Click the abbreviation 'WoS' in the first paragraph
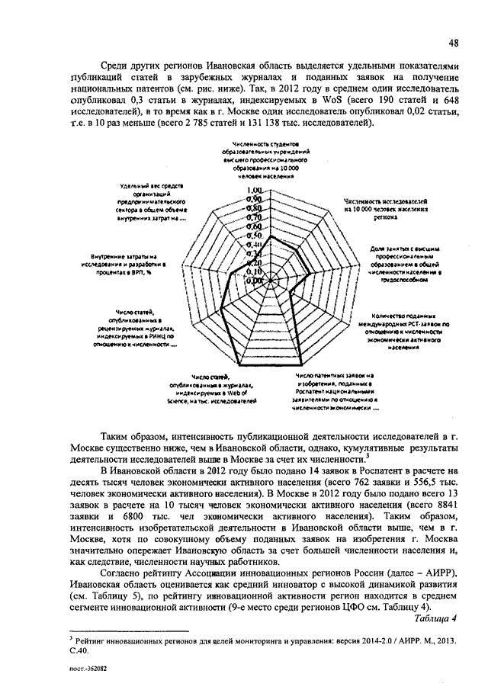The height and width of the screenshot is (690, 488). (329, 99)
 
